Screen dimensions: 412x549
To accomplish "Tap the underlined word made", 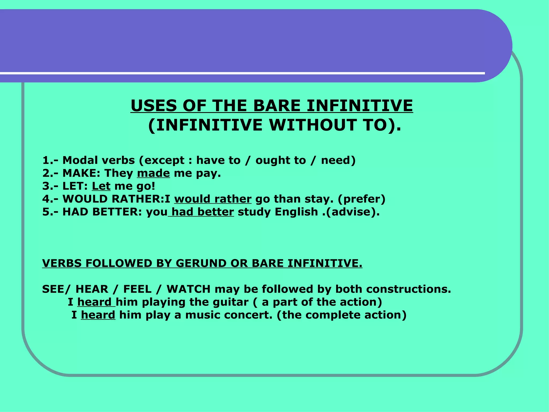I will [153, 173].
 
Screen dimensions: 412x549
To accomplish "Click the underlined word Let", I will [101, 186].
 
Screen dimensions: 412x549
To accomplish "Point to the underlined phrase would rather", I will [213, 199].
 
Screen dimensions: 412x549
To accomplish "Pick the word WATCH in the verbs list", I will [188, 289].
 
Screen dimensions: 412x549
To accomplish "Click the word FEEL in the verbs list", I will [137, 289].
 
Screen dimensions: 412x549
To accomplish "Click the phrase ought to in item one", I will [280, 160].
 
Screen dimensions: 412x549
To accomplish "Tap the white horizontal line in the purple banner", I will [241, 73].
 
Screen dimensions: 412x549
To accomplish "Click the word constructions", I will [409, 289].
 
